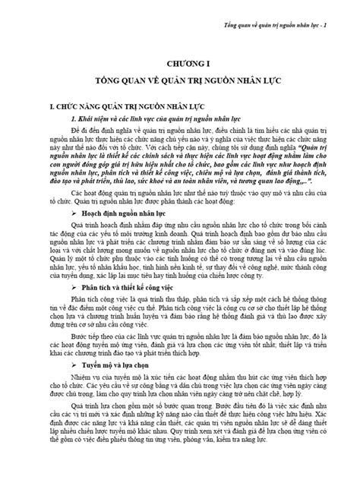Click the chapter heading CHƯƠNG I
click(180, 59)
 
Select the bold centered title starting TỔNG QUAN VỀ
click(180, 77)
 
